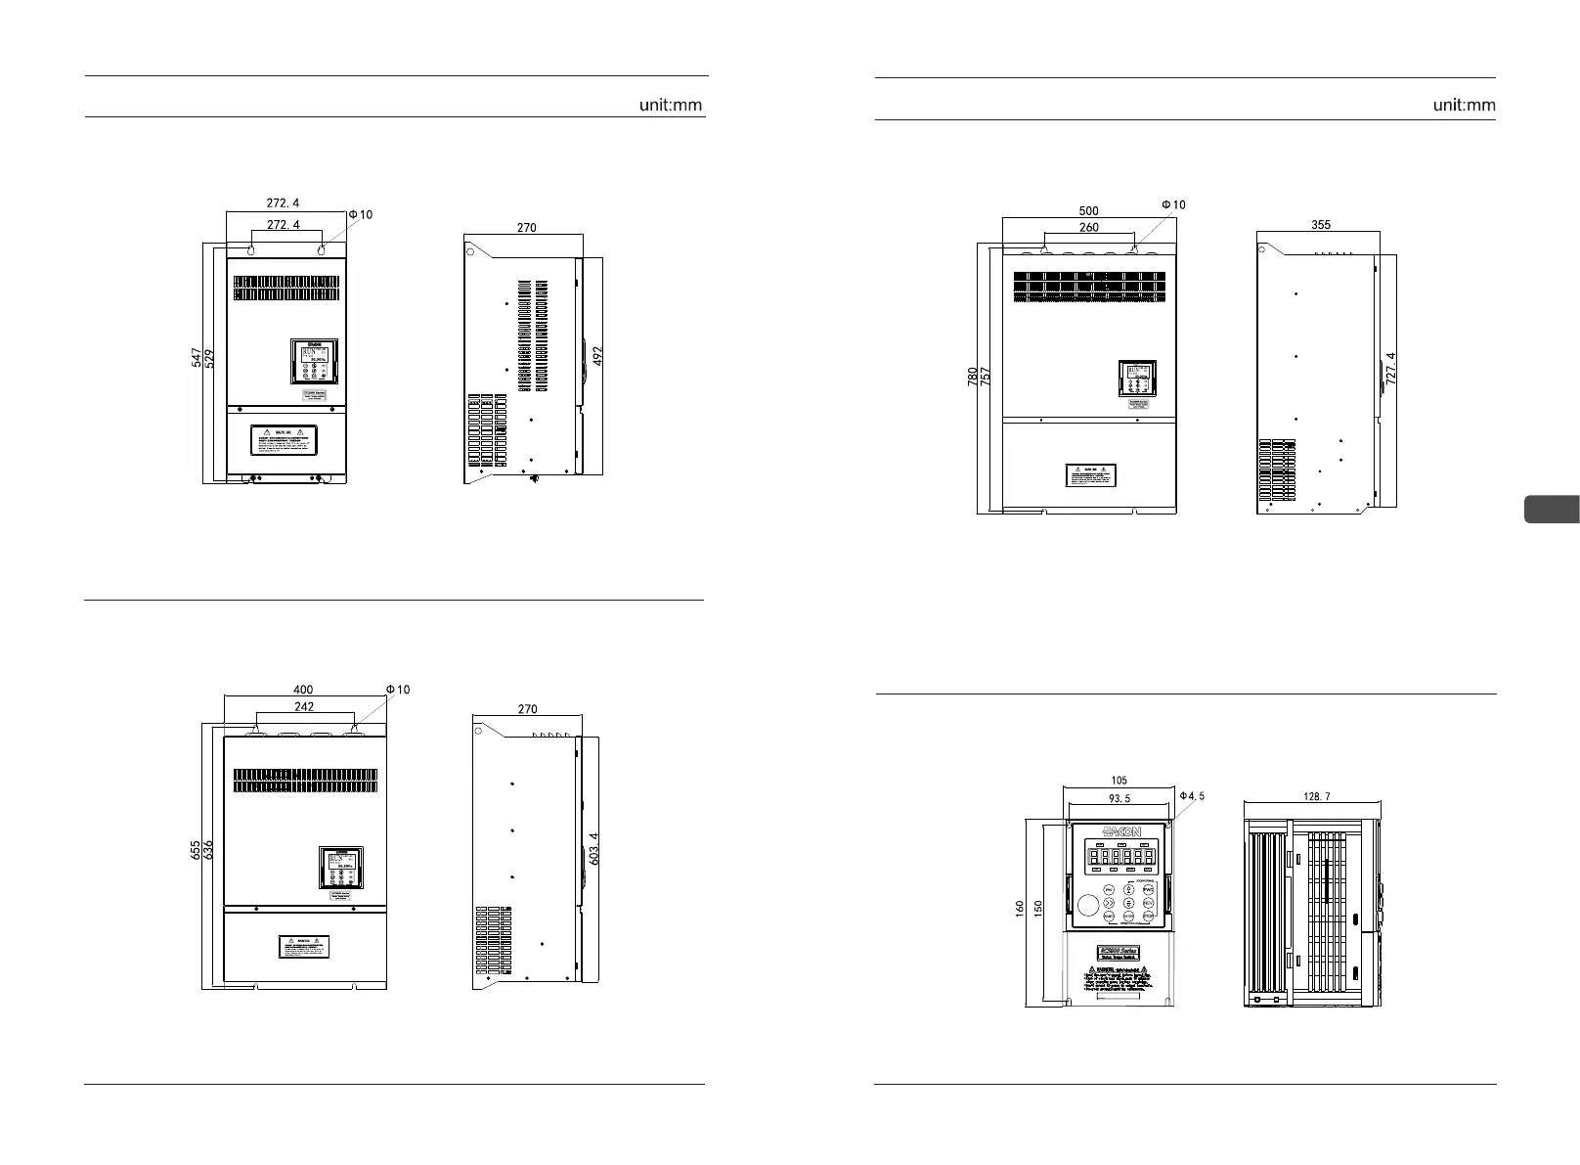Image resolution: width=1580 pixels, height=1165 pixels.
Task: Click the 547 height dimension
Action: [x=197, y=360]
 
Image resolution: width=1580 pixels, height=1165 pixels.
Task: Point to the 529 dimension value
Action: [x=209, y=360]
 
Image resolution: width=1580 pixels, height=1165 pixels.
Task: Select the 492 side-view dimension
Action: [x=598, y=354]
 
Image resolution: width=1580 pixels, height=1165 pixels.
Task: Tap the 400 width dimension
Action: [x=303, y=690]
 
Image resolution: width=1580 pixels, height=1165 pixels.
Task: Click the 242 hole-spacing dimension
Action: [x=304, y=706]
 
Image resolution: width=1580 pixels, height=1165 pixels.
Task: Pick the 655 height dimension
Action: [x=197, y=850]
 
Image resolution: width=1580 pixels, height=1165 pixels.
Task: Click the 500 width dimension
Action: [x=1088, y=210]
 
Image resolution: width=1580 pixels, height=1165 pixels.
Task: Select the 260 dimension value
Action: [x=1088, y=227]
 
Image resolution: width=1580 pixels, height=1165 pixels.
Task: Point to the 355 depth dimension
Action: [x=1320, y=225]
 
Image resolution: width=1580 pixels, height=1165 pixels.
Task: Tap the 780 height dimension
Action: [x=972, y=378]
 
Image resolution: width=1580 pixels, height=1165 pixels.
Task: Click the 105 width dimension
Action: [x=1119, y=781]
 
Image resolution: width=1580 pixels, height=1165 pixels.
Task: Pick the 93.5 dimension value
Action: [x=1119, y=798]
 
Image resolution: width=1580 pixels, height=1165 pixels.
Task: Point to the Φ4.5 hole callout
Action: [x=1192, y=796]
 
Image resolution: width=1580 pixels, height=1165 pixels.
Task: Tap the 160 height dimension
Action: [x=1021, y=910]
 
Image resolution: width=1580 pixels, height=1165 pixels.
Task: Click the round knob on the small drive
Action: [x=1087, y=905]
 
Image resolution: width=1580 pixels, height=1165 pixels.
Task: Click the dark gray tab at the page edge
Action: [x=1552, y=511]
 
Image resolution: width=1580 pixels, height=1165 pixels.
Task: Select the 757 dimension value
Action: [x=985, y=378]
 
